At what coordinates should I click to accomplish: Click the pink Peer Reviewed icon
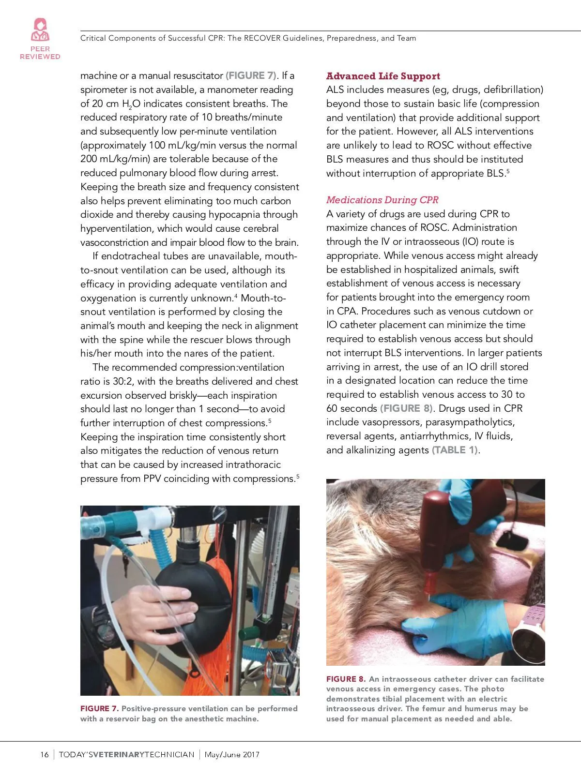(40, 30)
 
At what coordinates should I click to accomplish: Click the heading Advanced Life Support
(383, 76)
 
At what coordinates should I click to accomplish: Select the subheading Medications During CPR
(382, 200)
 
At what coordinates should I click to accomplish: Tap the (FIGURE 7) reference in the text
(252, 75)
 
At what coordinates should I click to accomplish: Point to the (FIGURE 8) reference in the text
(407, 408)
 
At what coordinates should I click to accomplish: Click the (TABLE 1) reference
(455, 450)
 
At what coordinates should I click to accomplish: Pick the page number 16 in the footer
(45, 755)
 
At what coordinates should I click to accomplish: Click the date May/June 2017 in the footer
(232, 755)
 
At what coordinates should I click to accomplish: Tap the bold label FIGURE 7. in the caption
(99, 709)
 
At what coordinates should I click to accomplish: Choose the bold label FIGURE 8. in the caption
(346, 679)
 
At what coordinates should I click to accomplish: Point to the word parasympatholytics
(470, 422)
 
